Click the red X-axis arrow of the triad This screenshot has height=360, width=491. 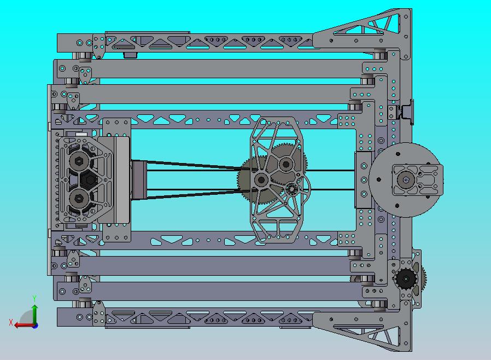[25, 325]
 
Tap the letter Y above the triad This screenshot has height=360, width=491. [34, 298]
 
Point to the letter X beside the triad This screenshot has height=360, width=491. [11, 322]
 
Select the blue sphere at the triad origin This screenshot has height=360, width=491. [36, 326]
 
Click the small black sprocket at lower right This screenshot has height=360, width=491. [406, 278]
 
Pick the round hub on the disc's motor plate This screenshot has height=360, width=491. [406, 180]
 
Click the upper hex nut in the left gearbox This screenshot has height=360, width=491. [79, 161]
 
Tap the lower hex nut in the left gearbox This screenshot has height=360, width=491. [79, 199]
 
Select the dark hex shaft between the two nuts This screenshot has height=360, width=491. [90, 180]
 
